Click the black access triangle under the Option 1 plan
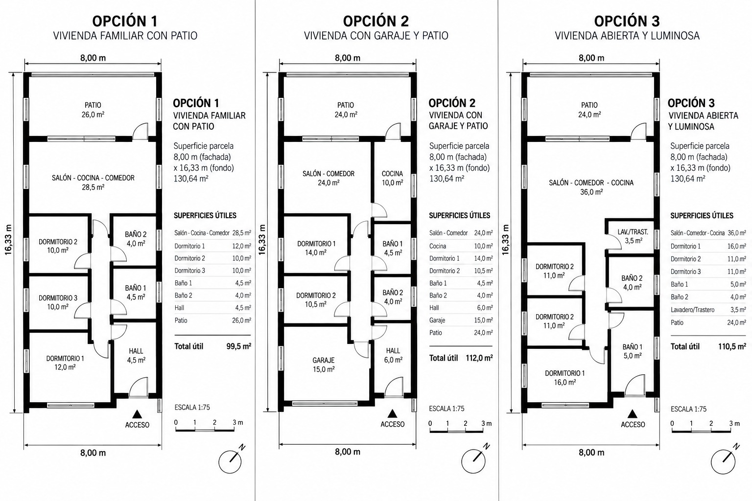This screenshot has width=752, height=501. pos(136,414)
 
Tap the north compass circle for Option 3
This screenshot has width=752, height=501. pos(723,462)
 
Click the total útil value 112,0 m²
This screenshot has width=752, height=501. pos(479,358)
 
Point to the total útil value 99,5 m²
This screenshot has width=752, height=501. pos(239,346)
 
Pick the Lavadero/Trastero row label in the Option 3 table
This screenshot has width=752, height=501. pos(692,310)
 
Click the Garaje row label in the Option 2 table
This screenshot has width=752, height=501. pos(437,320)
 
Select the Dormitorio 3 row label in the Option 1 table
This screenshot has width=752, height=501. pos(189,271)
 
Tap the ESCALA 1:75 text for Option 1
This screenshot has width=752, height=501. pos(192,408)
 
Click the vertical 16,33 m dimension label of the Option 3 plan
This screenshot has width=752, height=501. pos(506,240)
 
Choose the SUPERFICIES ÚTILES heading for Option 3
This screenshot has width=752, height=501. pos(702,215)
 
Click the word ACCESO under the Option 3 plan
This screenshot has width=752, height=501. pos(633,425)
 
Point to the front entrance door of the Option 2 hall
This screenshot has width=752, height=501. pos(394,387)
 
